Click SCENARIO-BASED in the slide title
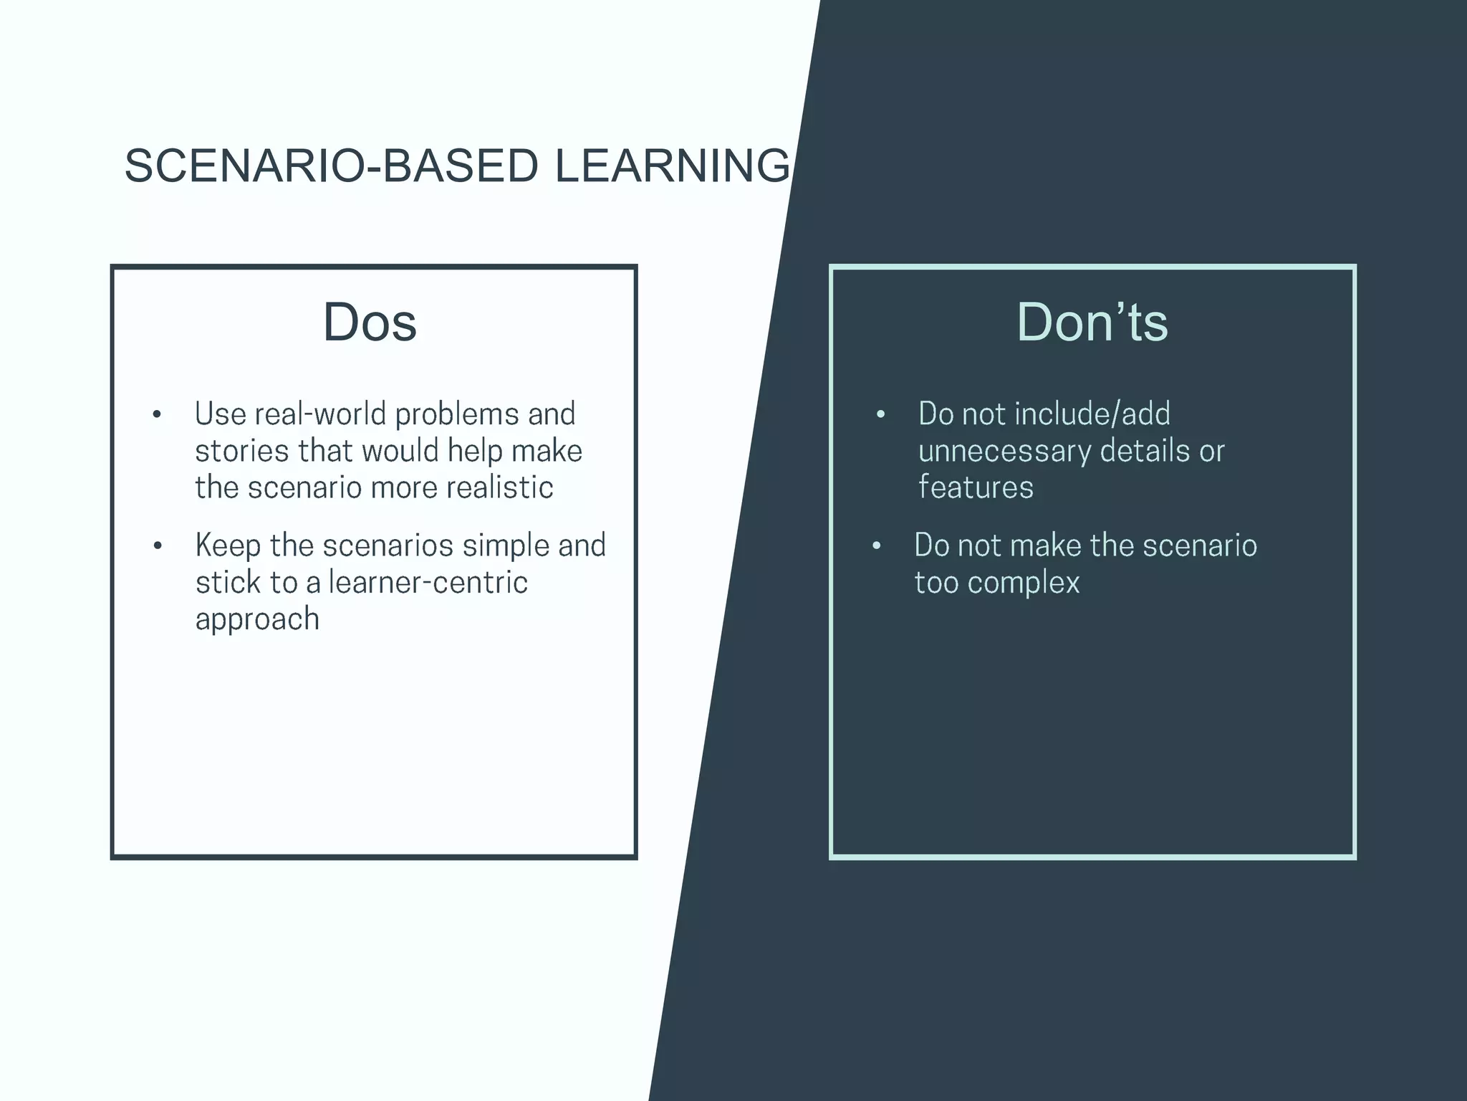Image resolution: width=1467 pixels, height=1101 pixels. (331, 166)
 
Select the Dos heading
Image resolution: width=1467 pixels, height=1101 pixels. (370, 322)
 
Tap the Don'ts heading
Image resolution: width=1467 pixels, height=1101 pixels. (1092, 322)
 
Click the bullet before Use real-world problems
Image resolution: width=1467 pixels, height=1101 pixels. (157, 415)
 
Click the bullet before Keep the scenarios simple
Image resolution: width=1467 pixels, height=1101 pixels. (158, 546)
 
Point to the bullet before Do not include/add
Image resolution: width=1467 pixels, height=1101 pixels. (880, 415)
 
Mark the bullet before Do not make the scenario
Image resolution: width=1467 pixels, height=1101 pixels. (876, 546)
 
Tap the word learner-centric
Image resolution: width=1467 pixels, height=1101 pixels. (428, 582)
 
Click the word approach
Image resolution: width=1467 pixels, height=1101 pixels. (257, 619)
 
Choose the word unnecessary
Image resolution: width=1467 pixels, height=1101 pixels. (1004, 452)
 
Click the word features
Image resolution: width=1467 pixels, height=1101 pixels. (976, 488)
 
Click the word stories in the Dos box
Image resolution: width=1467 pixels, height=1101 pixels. (241, 452)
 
